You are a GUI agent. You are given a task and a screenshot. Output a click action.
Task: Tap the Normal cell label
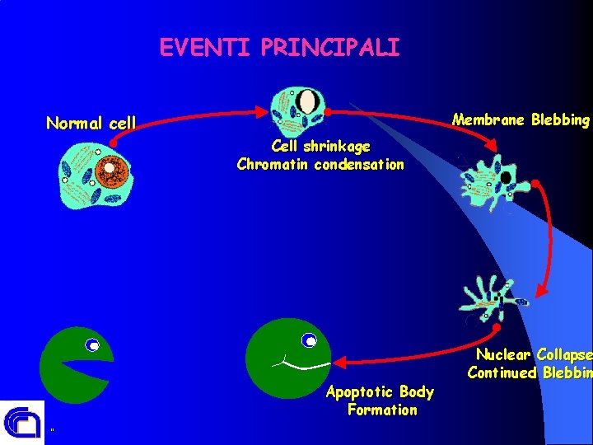point(91,124)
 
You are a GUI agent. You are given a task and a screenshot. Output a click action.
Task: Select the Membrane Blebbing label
point(521,120)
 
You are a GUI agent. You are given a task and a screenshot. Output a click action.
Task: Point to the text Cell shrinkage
point(320,147)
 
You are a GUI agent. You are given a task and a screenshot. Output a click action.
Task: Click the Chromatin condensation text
point(320,164)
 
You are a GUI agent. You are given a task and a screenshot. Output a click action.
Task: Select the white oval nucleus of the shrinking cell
point(308,102)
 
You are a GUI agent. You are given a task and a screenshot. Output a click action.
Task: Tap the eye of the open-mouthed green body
point(93,345)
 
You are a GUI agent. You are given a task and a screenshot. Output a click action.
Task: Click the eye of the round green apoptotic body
point(310,340)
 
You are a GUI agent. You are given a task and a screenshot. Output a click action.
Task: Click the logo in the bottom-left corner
point(21,422)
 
